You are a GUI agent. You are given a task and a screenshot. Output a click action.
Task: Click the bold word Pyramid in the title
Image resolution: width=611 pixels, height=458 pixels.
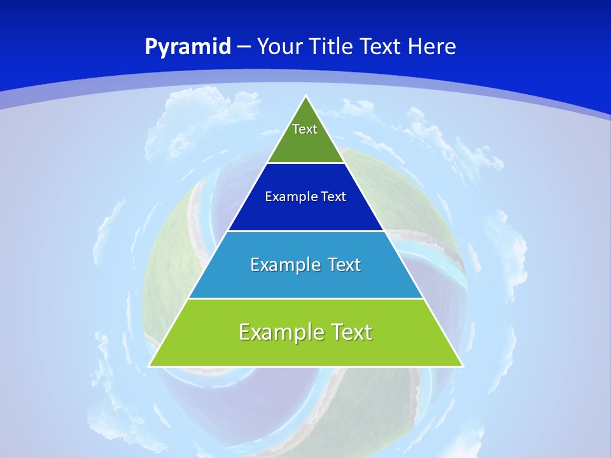point(188,47)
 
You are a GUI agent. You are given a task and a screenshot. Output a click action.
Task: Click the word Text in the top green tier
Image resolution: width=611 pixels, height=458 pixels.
point(305,129)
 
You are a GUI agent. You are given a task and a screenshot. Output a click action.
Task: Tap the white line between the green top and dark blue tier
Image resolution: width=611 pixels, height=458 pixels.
point(306,163)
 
